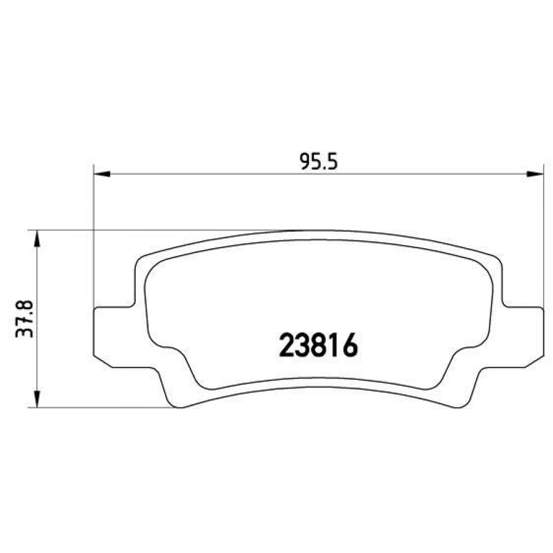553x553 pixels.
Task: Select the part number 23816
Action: [x=318, y=345]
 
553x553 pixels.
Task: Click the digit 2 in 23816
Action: [x=287, y=345]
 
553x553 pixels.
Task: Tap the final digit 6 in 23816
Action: [x=349, y=345]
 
